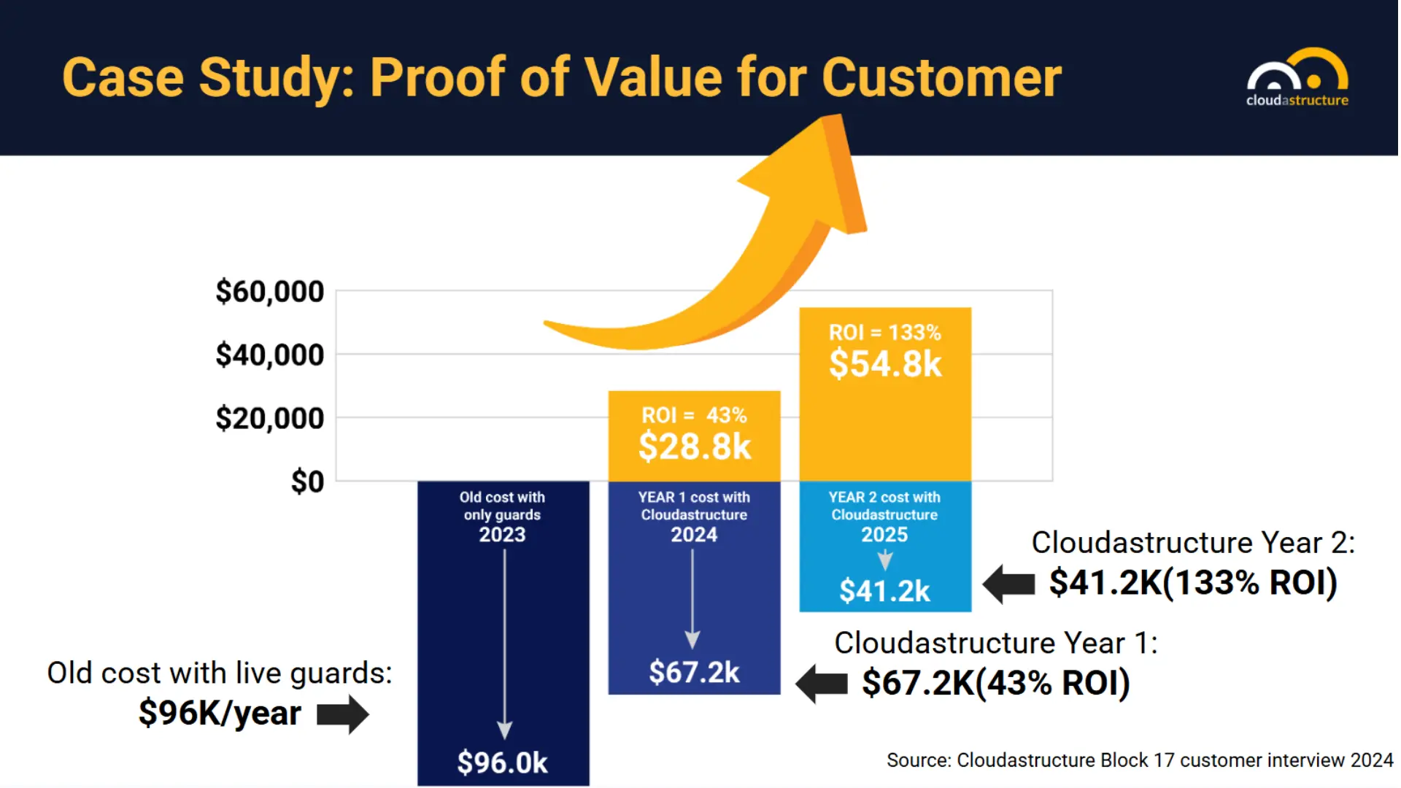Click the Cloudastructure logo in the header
click(1297, 78)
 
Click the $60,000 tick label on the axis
click(269, 291)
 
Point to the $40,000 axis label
click(269, 355)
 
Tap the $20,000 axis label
click(269, 418)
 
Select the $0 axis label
click(307, 482)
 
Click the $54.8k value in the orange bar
click(885, 363)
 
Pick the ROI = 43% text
click(694, 415)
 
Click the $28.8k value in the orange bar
click(694, 447)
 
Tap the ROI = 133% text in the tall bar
click(884, 333)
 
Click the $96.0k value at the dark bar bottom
click(502, 762)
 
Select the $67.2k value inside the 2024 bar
click(694, 672)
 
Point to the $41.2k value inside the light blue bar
click(884, 590)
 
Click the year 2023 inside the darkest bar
click(502, 535)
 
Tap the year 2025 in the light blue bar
click(884, 535)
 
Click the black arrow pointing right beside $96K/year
click(343, 714)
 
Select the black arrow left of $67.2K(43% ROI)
click(822, 684)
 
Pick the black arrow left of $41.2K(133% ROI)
click(1009, 584)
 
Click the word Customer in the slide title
click(941, 77)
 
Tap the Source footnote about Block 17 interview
click(1139, 760)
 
